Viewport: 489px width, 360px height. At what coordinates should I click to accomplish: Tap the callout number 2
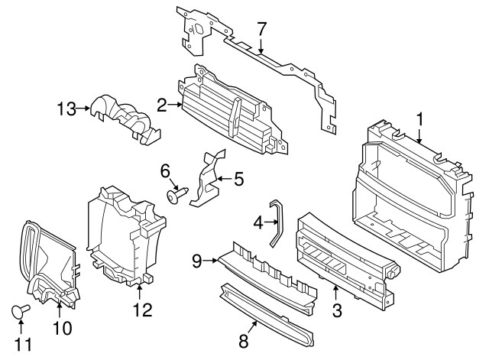(162, 105)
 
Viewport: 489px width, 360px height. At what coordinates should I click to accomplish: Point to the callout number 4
(258, 222)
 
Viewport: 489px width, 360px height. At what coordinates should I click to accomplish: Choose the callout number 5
(238, 180)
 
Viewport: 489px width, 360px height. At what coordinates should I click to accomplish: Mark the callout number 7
(261, 30)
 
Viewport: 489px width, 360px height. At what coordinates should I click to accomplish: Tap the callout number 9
(196, 260)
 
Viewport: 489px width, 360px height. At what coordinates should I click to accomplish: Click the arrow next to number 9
(212, 260)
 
